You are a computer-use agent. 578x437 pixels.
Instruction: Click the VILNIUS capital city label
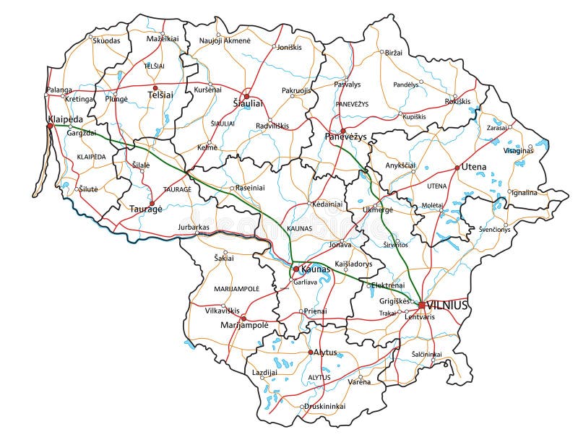(x=447, y=305)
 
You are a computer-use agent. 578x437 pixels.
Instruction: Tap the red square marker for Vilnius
(x=421, y=305)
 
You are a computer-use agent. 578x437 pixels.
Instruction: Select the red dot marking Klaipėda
(x=50, y=126)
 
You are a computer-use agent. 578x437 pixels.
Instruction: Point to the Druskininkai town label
(x=324, y=406)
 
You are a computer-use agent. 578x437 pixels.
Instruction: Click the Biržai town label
(x=394, y=53)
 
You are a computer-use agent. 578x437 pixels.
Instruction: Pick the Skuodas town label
(x=107, y=41)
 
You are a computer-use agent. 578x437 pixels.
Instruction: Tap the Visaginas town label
(x=519, y=150)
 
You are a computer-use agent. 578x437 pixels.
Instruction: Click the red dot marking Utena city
(x=457, y=167)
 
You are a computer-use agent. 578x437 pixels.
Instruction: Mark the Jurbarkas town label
(x=193, y=227)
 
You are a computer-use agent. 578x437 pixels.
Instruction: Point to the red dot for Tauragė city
(x=152, y=203)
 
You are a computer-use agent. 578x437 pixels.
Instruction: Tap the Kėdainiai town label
(x=326, y=204)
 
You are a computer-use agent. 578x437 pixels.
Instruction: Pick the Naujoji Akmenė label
(x=225, y=41)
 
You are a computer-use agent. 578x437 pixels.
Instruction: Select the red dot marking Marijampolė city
(x=243, y=317)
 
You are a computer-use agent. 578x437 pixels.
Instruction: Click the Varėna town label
(x=359, y=381)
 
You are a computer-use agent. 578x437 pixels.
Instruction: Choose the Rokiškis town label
(x=457, y=101)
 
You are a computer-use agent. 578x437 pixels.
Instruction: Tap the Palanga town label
(x=59, y=90)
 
